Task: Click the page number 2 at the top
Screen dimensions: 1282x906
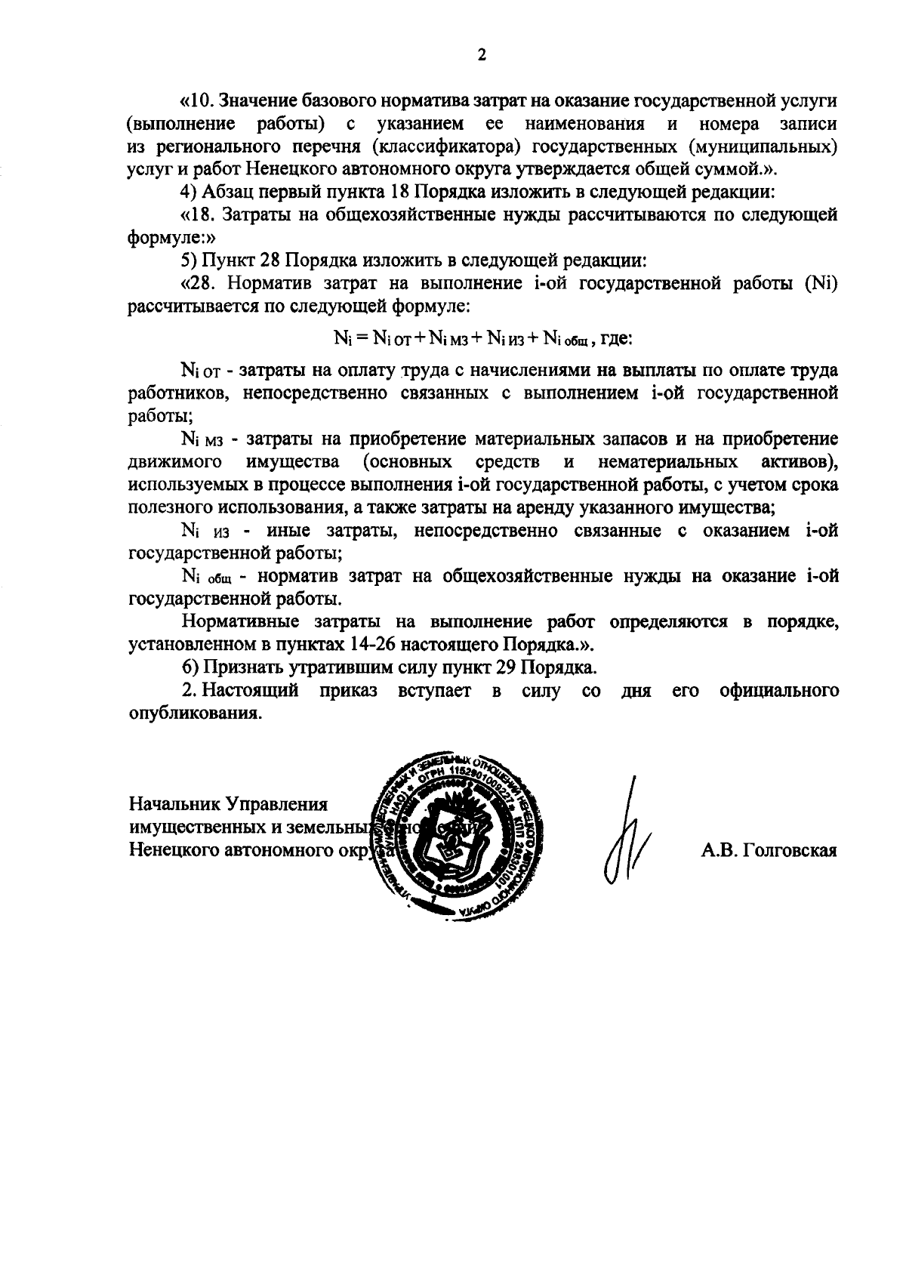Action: [482, 54]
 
